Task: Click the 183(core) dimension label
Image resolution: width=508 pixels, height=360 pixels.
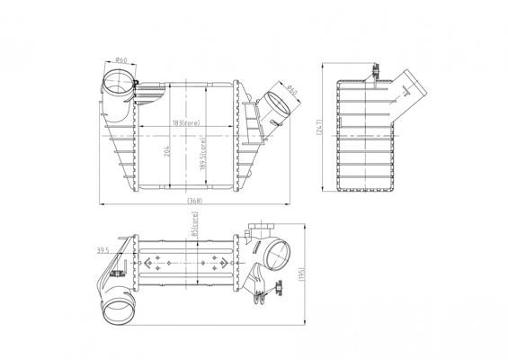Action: [186, 123]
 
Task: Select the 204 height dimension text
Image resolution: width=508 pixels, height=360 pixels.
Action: [167, 151]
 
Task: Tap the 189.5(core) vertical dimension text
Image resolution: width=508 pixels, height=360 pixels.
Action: [203, 154]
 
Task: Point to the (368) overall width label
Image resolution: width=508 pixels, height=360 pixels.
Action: [195, 201]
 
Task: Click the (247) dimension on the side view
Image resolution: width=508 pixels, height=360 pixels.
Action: [319, 127]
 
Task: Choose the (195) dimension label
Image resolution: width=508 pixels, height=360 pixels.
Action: [302, 274]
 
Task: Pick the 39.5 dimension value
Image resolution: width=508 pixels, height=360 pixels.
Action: [103, 250]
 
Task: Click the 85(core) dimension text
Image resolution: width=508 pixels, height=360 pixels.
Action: [194, 224]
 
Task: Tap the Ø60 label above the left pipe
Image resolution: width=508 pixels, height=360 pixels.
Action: [121, 60]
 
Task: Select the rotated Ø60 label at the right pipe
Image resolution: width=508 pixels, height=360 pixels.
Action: [292, 91]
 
